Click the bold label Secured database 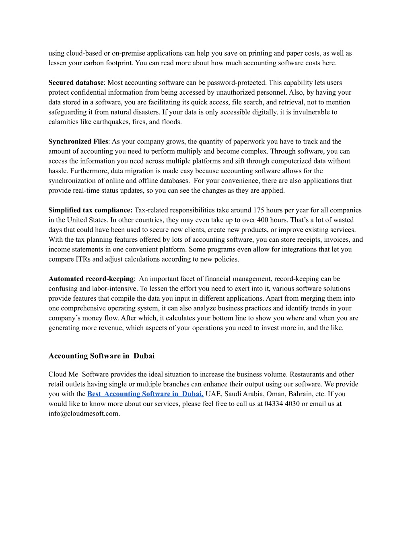click(76, 83)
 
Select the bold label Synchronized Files click(78, 141)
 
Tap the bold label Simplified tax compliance click(90, 210)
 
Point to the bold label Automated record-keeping click(91, 278)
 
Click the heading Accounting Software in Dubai click(101, 356)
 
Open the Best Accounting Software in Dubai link click(145, 394)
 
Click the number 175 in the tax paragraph click(259, 210)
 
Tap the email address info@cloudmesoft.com click(84, 413)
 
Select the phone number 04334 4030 click(282, 403)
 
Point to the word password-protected click(235, 83)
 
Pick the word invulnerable click(310, 112)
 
